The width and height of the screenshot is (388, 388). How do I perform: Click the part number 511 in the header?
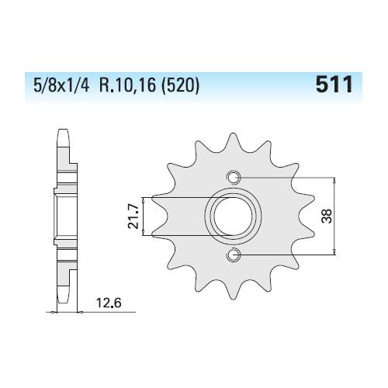[x=334, y=85]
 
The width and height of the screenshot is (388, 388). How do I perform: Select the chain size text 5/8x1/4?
[x=61, y=85]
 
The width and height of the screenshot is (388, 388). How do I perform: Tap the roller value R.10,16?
[x=127, y=85]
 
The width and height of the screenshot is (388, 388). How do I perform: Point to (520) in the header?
[x=180, y=85]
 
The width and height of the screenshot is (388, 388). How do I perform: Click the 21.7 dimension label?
[x=133, y=217]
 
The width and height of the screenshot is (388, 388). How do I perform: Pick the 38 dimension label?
[x=326, y=217]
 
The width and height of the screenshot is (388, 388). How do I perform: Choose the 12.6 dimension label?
[x=109, y=303]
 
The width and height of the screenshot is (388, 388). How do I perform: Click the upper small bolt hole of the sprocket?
[x=234, y=178]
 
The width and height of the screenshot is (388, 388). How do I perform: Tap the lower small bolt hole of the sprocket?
[x=234, y=255]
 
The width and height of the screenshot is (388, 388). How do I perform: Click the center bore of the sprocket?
[x=233, y=217]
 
